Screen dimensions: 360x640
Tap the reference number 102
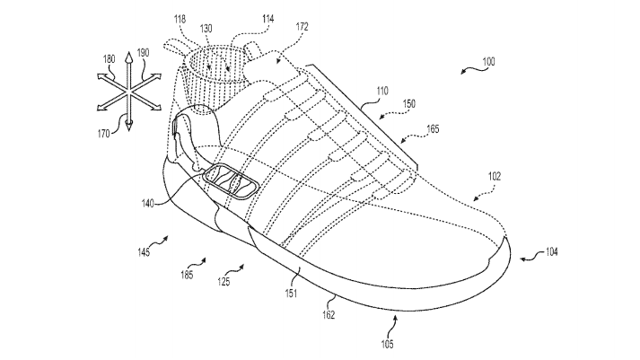(x=495, y=178)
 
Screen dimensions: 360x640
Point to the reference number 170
(x=105, y=134)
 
